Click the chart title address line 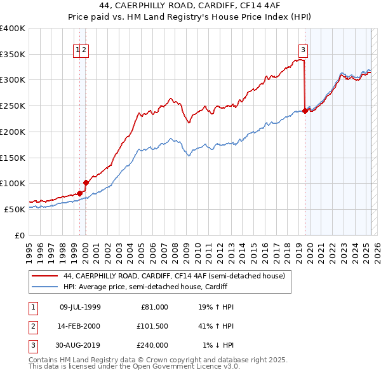[x=190, y=6]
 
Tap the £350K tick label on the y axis [x=13, y=54]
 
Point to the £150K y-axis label [x=13, y=157]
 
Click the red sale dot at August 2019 [x=305, y=111]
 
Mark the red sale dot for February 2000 [x=86, y=182]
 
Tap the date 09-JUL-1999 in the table [x=80, y=307]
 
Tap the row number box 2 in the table [x=32, y=326]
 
